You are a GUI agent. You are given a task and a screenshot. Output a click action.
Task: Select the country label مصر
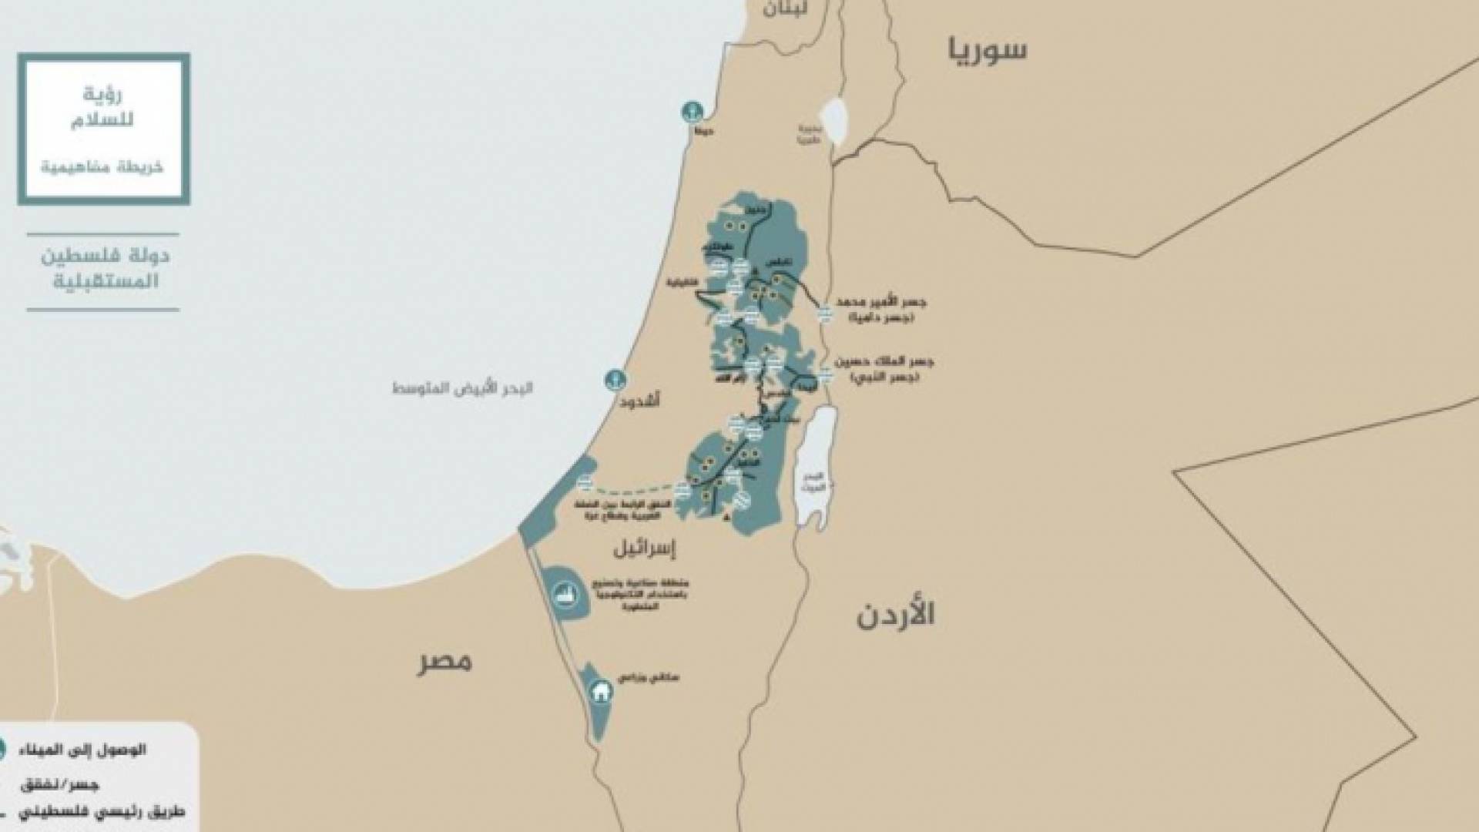pyautogui.click(x=444, y=661)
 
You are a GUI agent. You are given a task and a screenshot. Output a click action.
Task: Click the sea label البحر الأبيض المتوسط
pyautogui.click(x=462, y=387)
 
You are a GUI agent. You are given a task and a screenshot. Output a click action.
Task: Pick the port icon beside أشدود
pyautogui.click(x=615, y=379)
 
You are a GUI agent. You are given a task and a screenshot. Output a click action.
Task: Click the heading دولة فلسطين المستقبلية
pyautogui.click(x=105, y=268)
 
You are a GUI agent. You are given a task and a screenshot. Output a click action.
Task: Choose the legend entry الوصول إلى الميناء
pyautogui.click(x=97, y=750)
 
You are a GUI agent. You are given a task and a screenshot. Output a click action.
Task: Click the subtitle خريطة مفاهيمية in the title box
pyautogui.click(x=102, y=167)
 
